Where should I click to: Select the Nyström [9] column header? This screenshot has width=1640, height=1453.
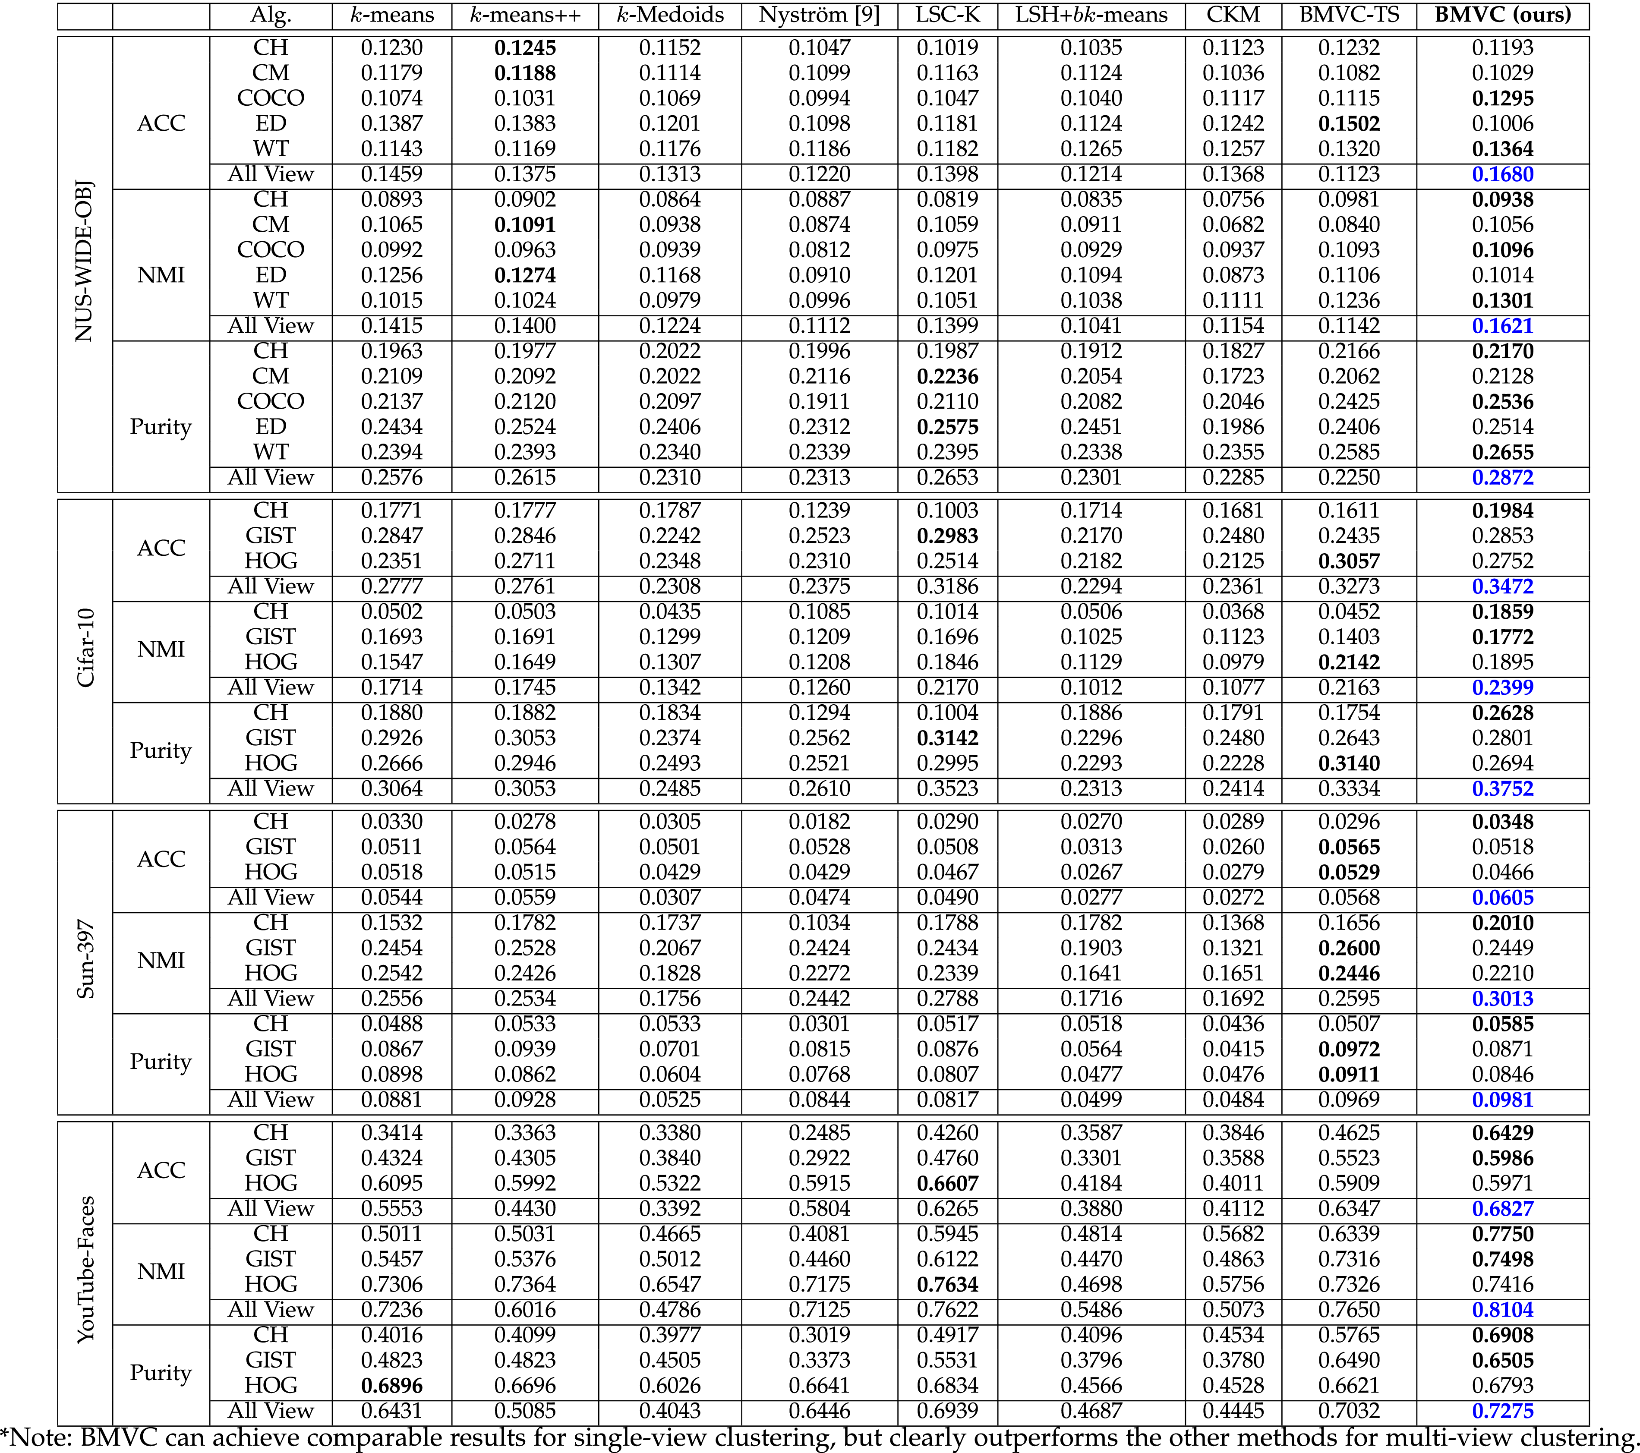[x=819, y=15]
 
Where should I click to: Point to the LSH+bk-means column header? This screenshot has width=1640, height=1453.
[x=1091, y=15]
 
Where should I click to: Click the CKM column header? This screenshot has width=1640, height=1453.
[x=1233, y=15]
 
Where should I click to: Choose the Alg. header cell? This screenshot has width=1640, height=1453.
[x=271, y=15]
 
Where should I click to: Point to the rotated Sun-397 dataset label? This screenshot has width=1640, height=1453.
[x=85, y=960]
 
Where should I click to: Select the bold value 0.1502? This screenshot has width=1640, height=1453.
[x=1349, y=123]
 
